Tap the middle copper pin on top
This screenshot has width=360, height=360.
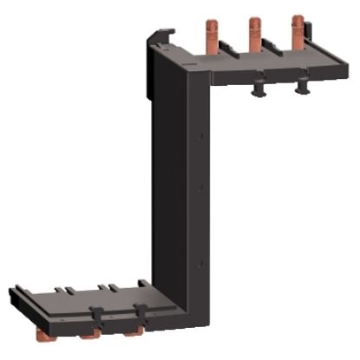click(255, 33)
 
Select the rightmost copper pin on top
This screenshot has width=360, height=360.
click(298, 31)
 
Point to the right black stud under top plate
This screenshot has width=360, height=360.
click(302, 86)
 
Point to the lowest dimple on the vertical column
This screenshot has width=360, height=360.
click(200, 261)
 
